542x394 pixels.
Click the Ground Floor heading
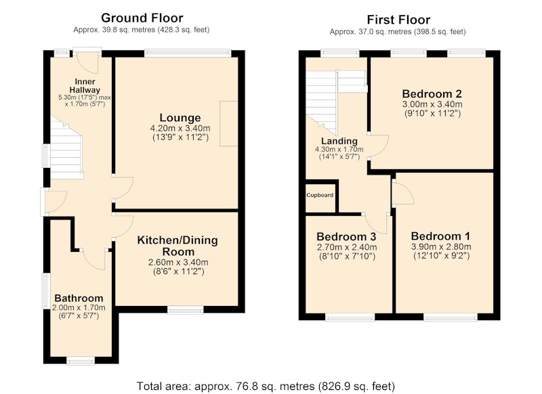click(x=142, y=18)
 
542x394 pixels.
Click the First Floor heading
click(x=398, y=20)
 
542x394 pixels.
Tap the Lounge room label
click(x=180, y=118)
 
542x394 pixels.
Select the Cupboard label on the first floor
click(x=320, y=195)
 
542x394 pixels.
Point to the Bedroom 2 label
click(x=432, y=93)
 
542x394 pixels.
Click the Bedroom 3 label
click(x=346, y=236)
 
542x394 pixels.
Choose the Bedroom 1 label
click(x=441, y=236)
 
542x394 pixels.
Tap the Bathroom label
click(x=79, y=298)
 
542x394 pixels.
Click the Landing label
click(x=339, y=141)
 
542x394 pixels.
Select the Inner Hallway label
click(x=85, y=85)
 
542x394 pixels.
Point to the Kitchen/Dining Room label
click(x=178, y=246)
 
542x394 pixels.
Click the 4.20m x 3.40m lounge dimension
click(x=180, y=129)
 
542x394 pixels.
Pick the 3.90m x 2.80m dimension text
click(x=441, y=246)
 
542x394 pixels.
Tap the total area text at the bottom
click(x=266, y=386)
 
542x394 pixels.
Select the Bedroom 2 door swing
click(x=379, y=146)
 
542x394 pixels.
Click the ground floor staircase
click(x=67, y=148)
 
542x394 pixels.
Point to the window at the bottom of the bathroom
click(x=80, y=361)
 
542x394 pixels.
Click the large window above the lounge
click(x=188, y=53)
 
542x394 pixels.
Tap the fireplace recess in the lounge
click(x=229, y=124)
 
